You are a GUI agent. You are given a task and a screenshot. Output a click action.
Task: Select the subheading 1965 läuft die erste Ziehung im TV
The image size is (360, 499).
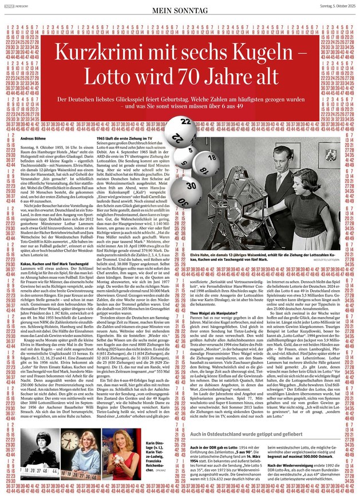point(122,122)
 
